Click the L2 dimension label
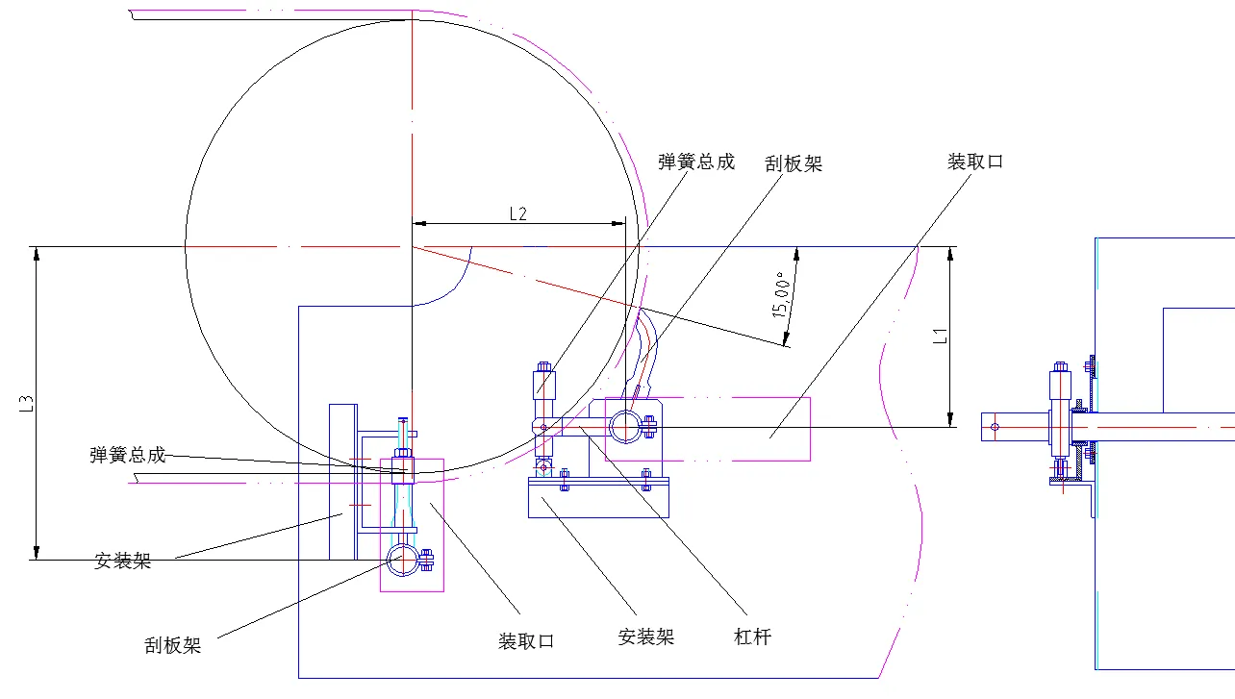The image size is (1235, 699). [517, 214]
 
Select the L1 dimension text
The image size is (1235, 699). [942, 337]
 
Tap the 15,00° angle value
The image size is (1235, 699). [782, 296]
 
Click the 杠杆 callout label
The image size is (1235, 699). [752, 637]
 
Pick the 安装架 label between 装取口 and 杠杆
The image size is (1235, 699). [645, 637]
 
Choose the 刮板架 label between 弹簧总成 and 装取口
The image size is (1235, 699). [794, 164]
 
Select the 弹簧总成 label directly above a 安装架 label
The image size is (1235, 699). [128, 455]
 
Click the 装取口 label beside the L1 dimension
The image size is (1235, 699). [975, 162]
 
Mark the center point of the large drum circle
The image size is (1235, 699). [412, 247]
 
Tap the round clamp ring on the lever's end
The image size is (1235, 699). [622, 425]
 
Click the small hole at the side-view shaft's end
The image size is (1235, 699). [995, 426]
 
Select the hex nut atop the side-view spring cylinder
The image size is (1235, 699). [1061, 366]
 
